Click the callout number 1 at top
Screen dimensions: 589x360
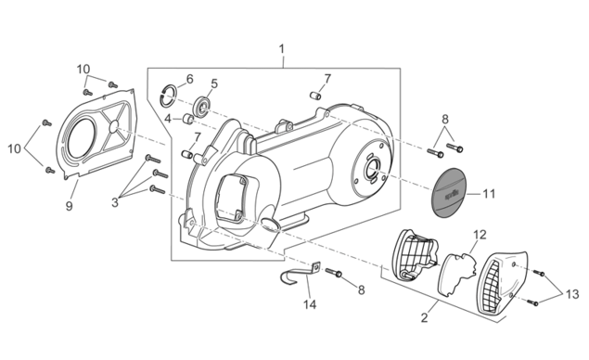point(281,49)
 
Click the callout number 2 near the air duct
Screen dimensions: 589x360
point(425,318)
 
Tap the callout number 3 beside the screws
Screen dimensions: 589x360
point(115,202)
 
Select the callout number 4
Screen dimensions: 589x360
point(168,119)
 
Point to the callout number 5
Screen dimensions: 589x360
point(214,84)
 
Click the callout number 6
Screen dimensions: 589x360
point(190,79)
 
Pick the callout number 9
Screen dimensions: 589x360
point(70,206)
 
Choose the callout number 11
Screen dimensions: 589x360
point(489,194)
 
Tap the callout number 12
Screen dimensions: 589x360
point(480,235)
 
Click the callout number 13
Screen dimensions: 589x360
point(572,294)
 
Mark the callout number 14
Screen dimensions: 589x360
point(310,304)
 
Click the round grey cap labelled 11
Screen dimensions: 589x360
point(447,193)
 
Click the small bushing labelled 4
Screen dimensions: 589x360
point(187,119)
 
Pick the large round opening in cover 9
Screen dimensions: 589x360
point(82,135)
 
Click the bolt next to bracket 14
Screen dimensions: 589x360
point(334,273)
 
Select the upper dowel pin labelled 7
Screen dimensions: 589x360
point(316,96)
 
